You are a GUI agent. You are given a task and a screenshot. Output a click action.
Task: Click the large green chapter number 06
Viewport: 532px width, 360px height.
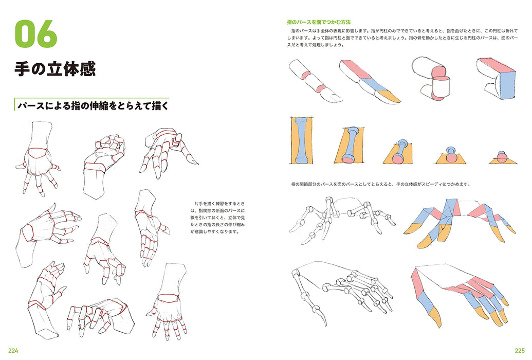pyautogui.click(x=35, y=33)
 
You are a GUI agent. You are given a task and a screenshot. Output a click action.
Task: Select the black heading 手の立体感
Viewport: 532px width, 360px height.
pyautogui.click(x=55, y=69)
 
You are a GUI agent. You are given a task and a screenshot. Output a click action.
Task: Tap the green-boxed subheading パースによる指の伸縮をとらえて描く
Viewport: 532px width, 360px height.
pyautogui.click(x=93, y=105)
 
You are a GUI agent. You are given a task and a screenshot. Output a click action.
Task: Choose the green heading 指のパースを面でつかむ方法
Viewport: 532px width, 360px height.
pyautogui.click(x=319, y=22)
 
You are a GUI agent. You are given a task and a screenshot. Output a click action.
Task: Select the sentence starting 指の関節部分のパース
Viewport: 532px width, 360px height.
pyautogui.click(x=380, y=184)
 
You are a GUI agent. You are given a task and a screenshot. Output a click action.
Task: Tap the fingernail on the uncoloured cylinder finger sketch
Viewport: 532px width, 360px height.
pyautogui.click(x=329, y=96)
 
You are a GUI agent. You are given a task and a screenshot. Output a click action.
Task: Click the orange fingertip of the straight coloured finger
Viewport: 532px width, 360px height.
pyautogui.click(x=389, y=96)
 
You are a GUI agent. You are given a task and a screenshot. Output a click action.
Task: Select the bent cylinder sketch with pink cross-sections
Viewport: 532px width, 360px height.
pyautogui.click(x=432, y=77)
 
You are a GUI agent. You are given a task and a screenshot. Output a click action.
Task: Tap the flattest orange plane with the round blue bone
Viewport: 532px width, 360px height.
pyautogui.click(x=502, y=158)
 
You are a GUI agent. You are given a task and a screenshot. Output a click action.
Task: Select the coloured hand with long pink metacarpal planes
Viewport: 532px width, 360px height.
pyautogui.click(x=457, y=293)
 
